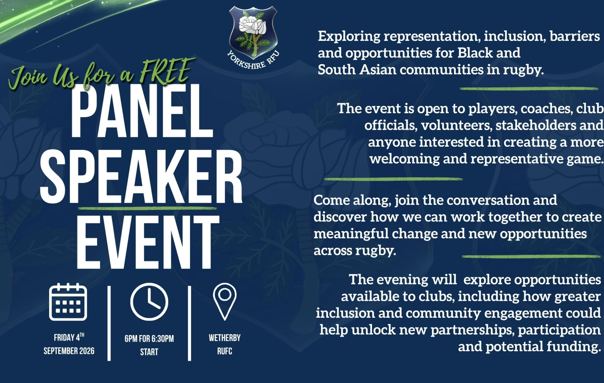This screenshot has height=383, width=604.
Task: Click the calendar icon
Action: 68,302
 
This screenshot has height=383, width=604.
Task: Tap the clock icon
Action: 149,302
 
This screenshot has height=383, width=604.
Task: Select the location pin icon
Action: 225,302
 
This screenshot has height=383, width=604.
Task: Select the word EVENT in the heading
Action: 148,242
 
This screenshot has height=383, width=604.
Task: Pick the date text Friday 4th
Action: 69,337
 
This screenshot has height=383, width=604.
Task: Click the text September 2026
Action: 69,351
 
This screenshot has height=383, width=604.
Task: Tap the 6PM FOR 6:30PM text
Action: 149,339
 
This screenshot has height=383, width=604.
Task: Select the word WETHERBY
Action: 225,338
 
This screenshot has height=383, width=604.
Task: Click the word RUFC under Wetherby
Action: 225,351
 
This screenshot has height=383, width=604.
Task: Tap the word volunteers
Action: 456,125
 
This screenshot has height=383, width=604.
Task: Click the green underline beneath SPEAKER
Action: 147,208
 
